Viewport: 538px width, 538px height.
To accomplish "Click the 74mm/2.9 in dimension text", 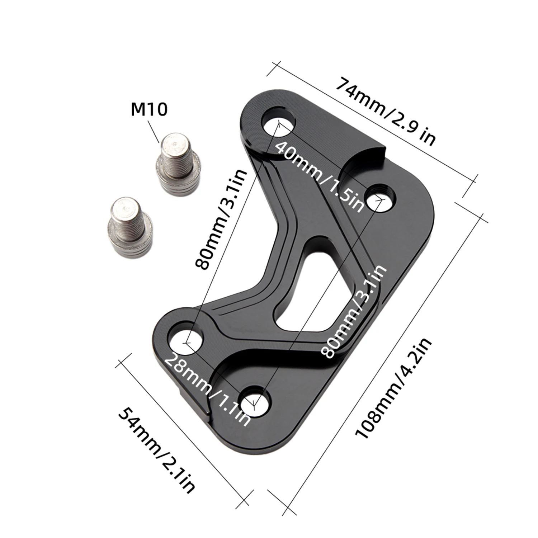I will click(x=386, y=111).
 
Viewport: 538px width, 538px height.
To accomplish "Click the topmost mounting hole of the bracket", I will click(x=279, y=121).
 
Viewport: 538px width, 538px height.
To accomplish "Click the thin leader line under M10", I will click(x=153, y=132).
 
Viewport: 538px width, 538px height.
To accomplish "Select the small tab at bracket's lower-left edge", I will click(x=190, y=398).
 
